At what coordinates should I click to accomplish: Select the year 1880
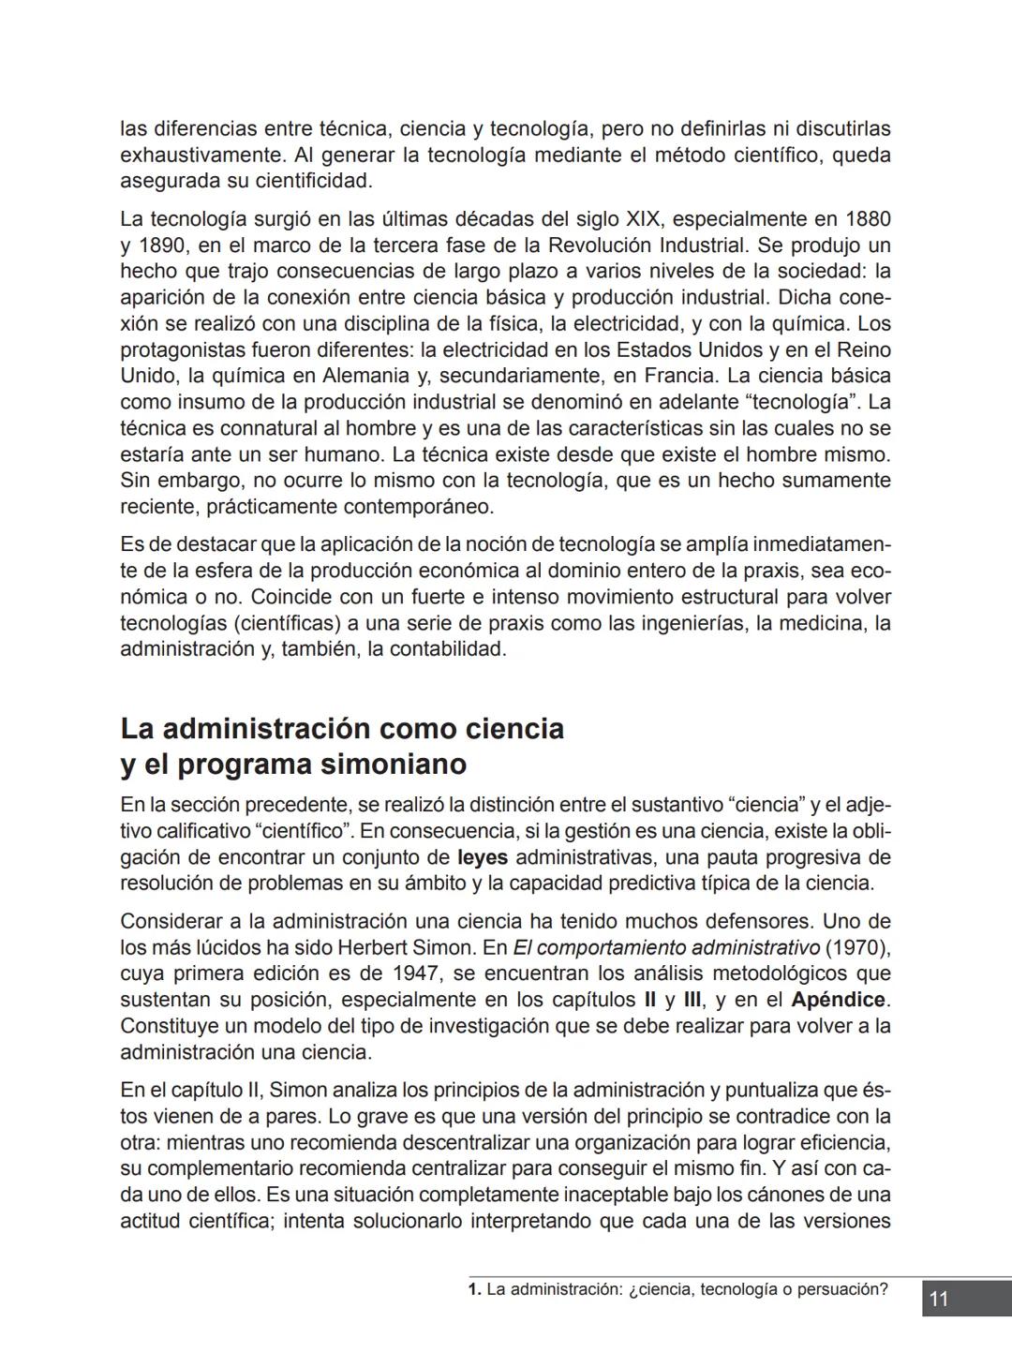[867, 219]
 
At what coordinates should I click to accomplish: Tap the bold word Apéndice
[837, 1000]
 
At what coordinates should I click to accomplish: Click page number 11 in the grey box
[939, 1299]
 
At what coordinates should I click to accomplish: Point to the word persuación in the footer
[841, 1289]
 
